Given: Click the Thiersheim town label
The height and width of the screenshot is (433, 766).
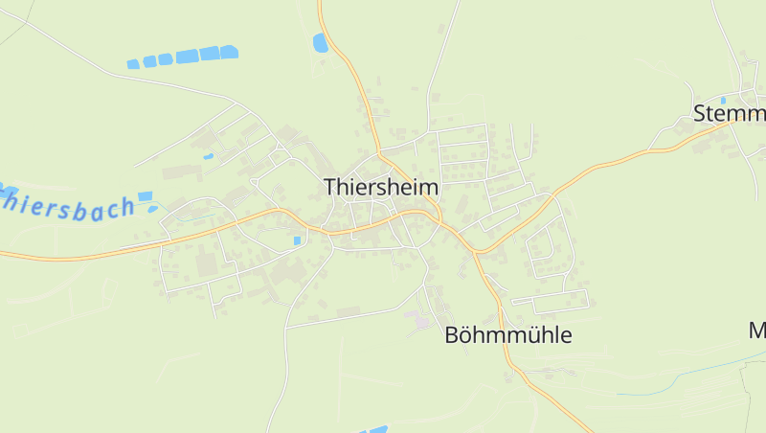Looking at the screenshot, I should tap(381, 187).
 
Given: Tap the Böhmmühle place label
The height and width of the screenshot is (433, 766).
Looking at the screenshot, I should tap(508, 335).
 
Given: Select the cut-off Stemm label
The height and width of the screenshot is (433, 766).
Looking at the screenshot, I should tap(729, 113).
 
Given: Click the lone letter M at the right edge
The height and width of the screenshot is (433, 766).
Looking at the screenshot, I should tap(757, 331).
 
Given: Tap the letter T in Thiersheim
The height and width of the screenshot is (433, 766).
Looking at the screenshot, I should tap(330, 187).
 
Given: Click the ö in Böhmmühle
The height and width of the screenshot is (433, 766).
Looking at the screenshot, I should tap(468, 335).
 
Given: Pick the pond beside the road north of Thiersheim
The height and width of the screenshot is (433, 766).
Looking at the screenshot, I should tap(320, 42).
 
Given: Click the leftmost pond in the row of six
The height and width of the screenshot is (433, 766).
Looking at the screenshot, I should tap(133, 64).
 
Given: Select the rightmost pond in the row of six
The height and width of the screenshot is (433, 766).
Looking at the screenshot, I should tap(229, 53).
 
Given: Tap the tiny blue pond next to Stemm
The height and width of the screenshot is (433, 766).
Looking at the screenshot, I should tap(723, 100).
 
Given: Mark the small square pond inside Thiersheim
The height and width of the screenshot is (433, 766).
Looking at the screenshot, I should tap(297, 239).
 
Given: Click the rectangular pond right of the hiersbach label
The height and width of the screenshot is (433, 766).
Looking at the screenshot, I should tap(145, 196).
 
